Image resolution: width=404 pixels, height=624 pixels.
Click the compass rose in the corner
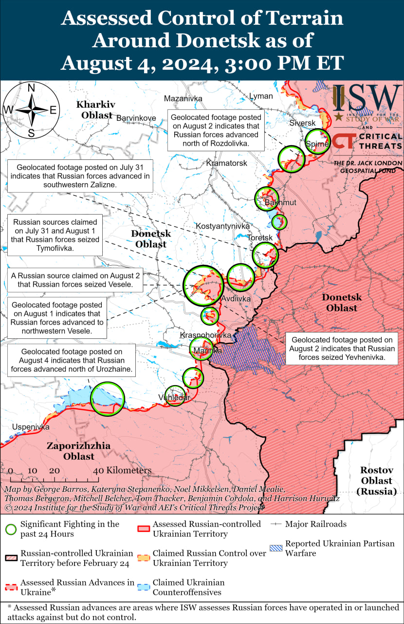tap(31, 110)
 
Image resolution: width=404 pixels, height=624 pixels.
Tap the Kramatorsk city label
tap(226, 163)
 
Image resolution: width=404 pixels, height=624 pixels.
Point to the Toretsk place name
tap(260, 238)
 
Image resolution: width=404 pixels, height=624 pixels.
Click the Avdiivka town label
tap(236, 298)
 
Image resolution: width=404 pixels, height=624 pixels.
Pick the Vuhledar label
tap(174, 398)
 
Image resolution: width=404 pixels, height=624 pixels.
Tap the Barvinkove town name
tap(136, 118)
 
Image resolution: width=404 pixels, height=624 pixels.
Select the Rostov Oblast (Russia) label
tap(376, 481)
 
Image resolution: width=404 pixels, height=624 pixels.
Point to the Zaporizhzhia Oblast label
tap(78, 451)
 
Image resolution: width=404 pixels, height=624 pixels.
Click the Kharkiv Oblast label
tap(96, 110)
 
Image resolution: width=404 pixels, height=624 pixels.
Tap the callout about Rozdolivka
tap(217, 131)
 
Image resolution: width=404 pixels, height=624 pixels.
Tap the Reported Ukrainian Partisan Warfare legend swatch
tap(276, 548)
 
